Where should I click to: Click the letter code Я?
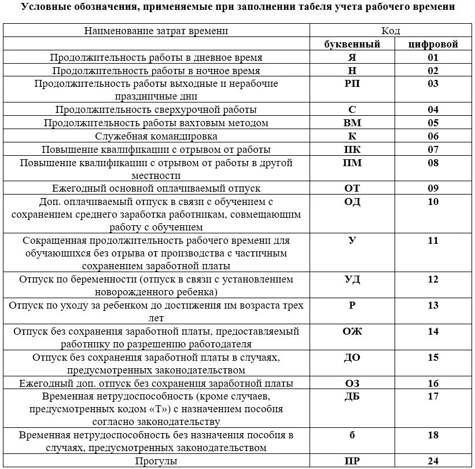click(x=352, y=58)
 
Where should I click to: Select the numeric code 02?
click(x=433, y=71)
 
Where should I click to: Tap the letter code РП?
click(x=352, y=83)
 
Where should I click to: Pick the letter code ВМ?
click(x=352, y=123)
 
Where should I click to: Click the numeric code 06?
click(x=433, y=136)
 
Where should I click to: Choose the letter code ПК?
click(x=352, y=149)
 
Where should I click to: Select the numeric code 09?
click(x=433, y=189)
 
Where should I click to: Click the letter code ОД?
click(x=352, y=201)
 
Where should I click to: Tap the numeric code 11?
click(x=433, y=240)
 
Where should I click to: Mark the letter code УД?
click(x=352, y=280)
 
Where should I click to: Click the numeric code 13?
click(x=433, y=306)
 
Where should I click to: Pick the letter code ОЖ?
click(x=352, y=332)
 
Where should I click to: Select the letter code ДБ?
click(x=352, y=397)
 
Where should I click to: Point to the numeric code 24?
click(x=433, y=461)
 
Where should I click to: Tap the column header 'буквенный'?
click(x=352, y=44)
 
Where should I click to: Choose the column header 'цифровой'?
click(x=433, y=44)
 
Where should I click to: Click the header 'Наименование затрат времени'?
click(x=156, y=31)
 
